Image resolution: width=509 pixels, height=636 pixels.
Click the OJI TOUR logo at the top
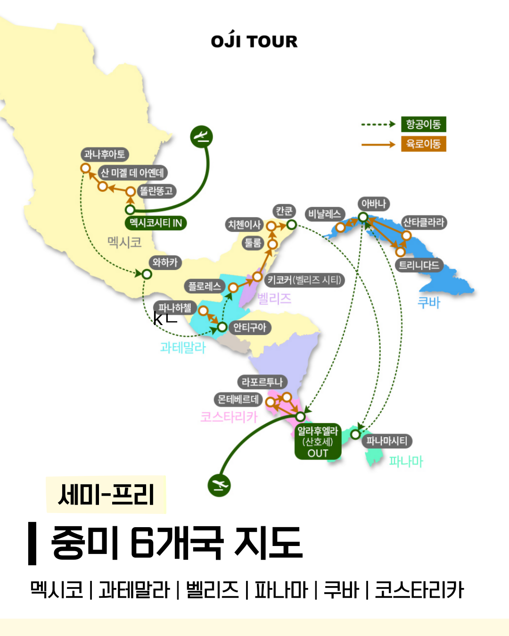tap(254, 41)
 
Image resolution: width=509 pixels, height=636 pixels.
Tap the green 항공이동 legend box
tap(423, 124)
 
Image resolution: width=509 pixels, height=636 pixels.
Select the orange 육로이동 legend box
tap(423, 144)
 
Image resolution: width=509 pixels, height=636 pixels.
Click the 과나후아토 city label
tap(104, 155)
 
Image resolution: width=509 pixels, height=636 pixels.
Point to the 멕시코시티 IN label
tap(156, 223)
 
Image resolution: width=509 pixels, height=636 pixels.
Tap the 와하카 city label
tap(164, 262)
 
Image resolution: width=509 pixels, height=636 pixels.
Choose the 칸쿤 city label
tap(284, 211)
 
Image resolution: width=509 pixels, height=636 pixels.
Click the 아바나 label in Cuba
tap(373, 204)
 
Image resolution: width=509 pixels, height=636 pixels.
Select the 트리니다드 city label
tap(419, 265)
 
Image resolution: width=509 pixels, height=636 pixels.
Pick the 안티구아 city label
tap(249, 327)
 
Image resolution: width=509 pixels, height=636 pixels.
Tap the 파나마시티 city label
tap(386, 441)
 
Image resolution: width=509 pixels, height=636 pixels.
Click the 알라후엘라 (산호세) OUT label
tap(318, 442)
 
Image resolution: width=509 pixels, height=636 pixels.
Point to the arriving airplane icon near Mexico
tap(202, 137)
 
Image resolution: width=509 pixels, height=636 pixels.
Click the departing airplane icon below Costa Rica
tap(219, 485)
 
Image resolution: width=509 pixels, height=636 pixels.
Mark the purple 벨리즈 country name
tap(274, 298)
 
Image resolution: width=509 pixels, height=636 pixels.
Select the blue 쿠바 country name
tap(429, 302)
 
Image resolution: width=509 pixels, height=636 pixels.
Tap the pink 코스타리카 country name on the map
tap(229, 416)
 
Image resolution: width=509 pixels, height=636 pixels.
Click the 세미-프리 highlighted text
tap(106, 495)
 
